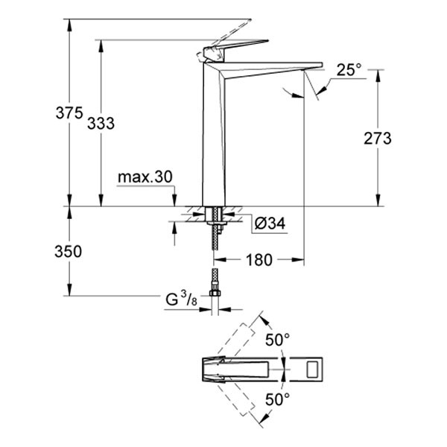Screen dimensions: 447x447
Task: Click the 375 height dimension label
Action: pyautogui.click(x=69, y=114)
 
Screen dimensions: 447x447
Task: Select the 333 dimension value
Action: pyautogui.click(x=101, y=124)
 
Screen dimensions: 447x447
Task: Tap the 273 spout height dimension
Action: pyautogui.click(x=378, y=138)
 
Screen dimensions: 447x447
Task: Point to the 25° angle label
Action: pyautogui.click(x=348, y=70)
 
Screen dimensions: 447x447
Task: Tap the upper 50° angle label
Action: pyautogui.click(x=278, y=340)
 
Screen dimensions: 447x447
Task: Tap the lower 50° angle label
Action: pyautogui.click(x=278, y=399)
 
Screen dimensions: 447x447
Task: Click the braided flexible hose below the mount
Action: pyautogui.click(x=215, y=253)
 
